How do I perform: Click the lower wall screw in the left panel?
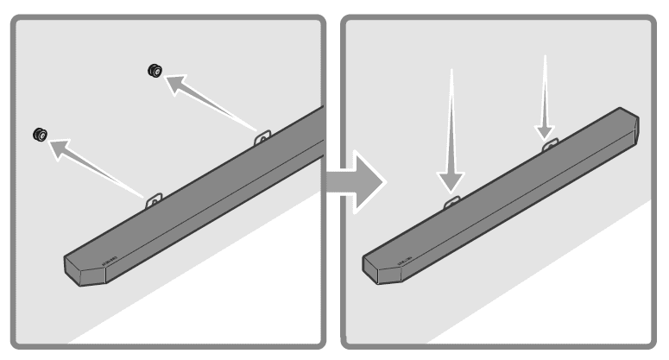click(x=40, y=135)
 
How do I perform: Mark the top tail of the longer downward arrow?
click(x=451, y=71)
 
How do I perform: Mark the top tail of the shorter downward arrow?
click(x=545, y=57)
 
